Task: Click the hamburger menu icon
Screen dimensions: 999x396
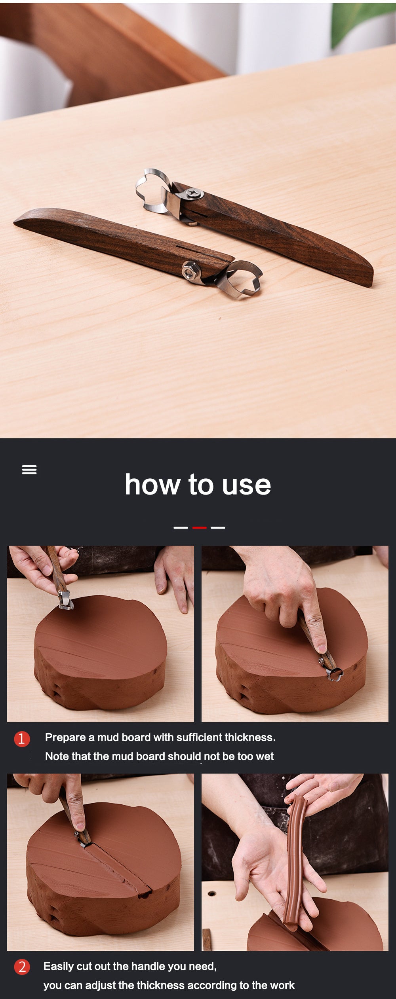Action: tap(29, 470)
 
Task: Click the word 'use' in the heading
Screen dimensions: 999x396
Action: tap(246, 485)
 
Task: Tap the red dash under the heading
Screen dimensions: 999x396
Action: tap(199, 527)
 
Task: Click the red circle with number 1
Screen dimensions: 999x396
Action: tap(22, 739)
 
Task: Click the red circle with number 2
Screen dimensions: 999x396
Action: tap(22, 967)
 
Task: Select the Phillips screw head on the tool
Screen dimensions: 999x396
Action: tap(194, 193)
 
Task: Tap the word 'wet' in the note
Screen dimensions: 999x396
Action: tap(265, 756)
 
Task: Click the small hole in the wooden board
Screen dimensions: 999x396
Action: tap(212, 893)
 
